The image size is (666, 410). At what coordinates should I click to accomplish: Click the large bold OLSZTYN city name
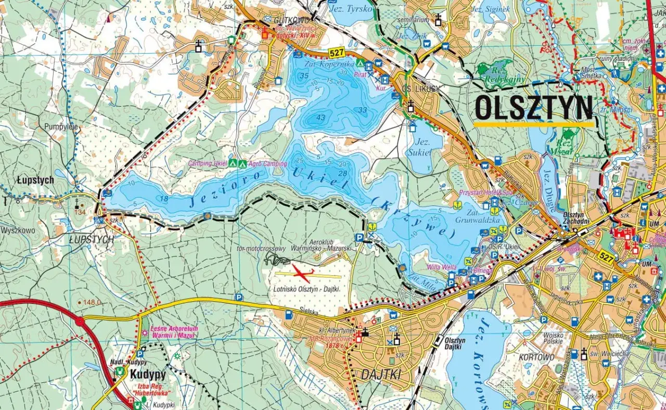point(534,108)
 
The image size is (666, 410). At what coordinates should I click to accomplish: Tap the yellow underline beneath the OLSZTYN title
point(534,124)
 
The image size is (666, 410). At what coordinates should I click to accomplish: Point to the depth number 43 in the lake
point(321,118)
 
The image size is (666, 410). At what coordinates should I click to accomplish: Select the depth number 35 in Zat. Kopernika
point(304,76)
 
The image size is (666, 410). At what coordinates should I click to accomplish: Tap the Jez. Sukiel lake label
point(420,146)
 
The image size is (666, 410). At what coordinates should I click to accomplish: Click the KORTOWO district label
point(536,357)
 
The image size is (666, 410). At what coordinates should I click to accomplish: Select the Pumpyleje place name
point(61,126)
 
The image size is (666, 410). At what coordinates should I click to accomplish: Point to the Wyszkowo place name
point(18,229)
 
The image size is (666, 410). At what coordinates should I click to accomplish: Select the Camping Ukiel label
point(208,164)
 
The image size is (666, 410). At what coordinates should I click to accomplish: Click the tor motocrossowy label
point(261,249)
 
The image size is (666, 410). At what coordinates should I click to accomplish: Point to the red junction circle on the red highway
point(80,322)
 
